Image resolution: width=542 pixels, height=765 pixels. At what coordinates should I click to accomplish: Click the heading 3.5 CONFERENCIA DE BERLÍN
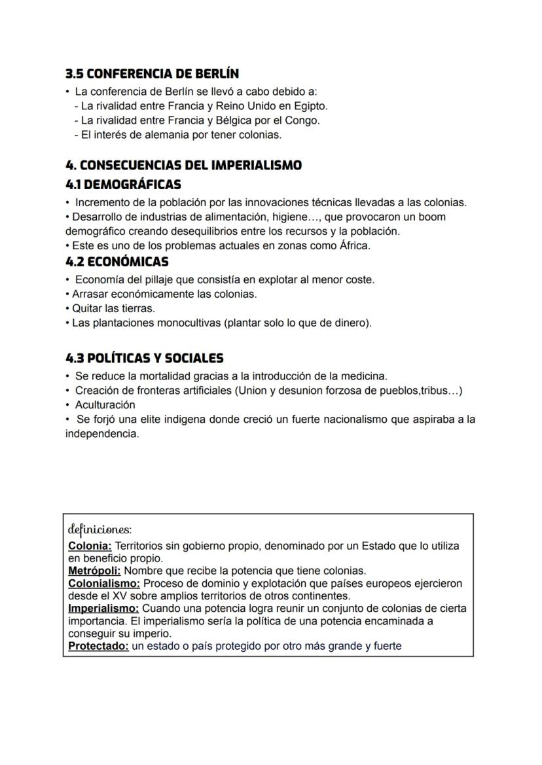click(x=156, y=73)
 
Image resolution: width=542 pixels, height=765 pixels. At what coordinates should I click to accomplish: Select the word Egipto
click(x=311, y=105)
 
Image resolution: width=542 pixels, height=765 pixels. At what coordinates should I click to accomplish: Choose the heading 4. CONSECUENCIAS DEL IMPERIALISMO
click(x=184, y=166)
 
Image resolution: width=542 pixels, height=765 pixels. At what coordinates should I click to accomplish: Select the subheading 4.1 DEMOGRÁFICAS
click(x=124, y=185)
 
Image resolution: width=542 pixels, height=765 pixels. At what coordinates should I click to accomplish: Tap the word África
click(x=353, y=246)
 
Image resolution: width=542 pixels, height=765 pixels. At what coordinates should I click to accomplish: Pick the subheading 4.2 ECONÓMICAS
click(x=117, y=262)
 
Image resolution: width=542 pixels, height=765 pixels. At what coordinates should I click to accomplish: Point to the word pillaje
click(x=156, y=279)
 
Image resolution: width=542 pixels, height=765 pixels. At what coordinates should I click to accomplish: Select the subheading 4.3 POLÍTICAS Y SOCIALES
click(x=145, y=359)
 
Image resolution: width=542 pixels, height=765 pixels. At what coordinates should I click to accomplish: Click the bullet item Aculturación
click(x=105, y=405)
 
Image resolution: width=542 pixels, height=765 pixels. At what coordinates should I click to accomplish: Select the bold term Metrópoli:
click(x=94, y=571)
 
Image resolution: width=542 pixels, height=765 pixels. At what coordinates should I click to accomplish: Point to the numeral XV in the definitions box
click(x=107, y=596)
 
